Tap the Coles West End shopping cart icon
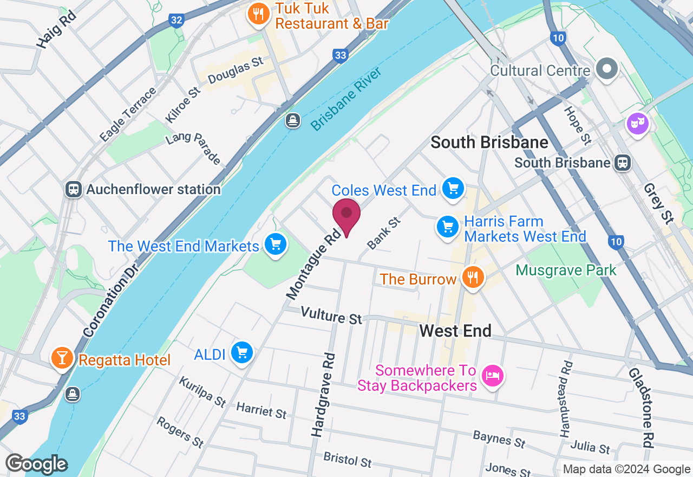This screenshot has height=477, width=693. (x=453, y=188)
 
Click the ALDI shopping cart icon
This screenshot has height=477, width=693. (x=241, y=353)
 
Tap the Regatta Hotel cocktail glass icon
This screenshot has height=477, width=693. (x=62, y=358)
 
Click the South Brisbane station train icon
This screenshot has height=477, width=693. (x=623, y=162)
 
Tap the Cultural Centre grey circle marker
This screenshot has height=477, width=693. (x=607, y=69)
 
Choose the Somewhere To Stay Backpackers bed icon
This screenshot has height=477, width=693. (x=492, y=376)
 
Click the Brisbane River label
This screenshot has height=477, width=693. (x=346, y=99)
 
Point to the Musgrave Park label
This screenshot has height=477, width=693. (x=566, y=270)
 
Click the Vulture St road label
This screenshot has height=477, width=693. (x=331, y=315)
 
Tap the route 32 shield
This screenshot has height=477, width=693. (x=176, y=21)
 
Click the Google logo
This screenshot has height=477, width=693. (x=36, y=464)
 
